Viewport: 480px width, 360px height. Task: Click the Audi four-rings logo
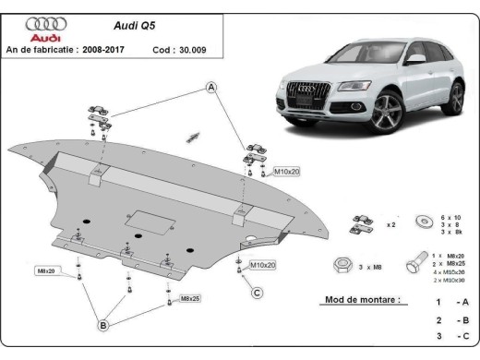[45, 22]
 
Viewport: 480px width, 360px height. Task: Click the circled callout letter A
[211, 88]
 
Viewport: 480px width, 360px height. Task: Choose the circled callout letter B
[104, 325]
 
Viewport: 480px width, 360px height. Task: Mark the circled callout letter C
[258, 294]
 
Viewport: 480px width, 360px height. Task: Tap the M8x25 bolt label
[191, 299]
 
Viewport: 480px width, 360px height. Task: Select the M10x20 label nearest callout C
[263, 265]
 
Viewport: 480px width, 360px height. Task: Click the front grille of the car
[304, 95]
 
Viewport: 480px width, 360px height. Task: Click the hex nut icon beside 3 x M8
[341, 265]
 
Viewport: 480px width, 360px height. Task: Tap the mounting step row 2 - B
[452, 319]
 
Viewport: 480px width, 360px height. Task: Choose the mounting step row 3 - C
[452, 337]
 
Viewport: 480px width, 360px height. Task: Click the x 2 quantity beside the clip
[390, 223]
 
